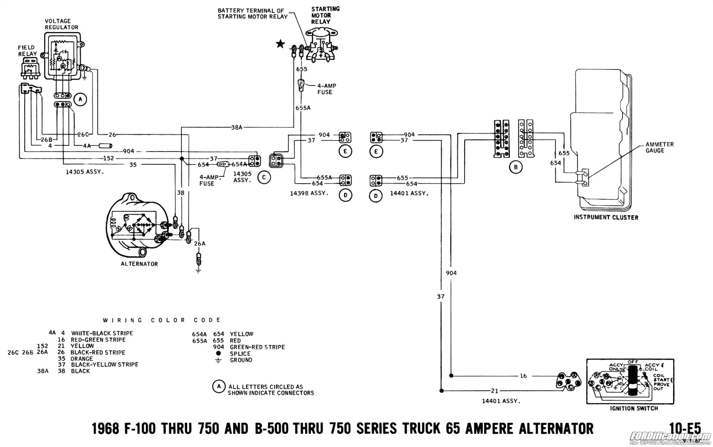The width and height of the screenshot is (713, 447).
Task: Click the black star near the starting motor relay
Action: pyautogui.click(x=280, y=44)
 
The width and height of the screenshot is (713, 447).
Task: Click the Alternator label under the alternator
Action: pyautogui.click(x=139, y=264)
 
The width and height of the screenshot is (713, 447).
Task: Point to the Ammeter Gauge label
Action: pyautogui.click(x=660, y=147)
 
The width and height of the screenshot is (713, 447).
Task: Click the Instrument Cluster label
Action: pyautogui.click(x=606, y=217)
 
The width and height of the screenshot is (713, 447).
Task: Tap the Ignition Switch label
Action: pyautogui.click(x=634, y=408)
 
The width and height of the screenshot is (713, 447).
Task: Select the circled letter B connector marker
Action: pyautogui.click(x=515, y=167)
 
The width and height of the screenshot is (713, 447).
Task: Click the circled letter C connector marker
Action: pyautogui.click(x=264, y=177)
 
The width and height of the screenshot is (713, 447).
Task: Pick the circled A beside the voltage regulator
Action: pyautogui.click(x=80, y=100)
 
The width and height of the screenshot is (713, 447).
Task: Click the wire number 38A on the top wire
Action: pyautogui.click(x=237, y=127)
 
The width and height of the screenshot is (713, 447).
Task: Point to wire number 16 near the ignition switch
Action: pyautogui.click(x=523, y=376)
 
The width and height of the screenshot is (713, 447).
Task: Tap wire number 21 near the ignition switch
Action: pyautogui.click(x=495, y=390)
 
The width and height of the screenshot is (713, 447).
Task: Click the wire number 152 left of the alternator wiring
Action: pyautogui.click(x=108, y=158)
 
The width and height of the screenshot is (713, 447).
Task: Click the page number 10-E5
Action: pyautogui.click(x=685, y=428)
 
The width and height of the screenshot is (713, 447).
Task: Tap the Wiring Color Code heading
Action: pyautogui.click(x=162, y=320)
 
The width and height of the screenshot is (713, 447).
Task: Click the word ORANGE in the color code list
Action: pyautogui.click(x=82, y=359)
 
